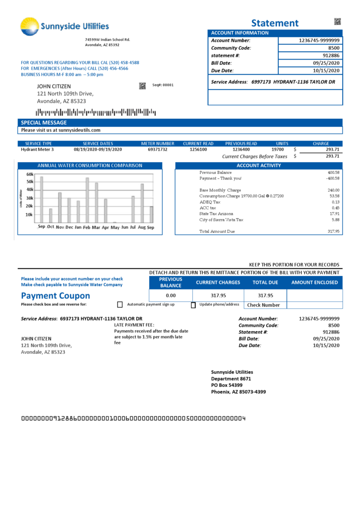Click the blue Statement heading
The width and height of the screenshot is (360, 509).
pos(274,23)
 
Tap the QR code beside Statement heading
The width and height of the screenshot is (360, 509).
pos(338,21)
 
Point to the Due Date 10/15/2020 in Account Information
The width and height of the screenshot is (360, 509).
pos(326,71)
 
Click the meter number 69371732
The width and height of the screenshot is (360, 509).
pos(158,149)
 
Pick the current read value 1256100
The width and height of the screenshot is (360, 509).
pos(198,149)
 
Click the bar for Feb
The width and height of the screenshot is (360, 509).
pos(88,200)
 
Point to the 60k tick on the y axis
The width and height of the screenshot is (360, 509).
pos(29,174)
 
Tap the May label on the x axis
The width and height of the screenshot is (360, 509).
pos(115,227)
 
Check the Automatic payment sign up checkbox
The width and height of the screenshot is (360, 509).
pos(120,305)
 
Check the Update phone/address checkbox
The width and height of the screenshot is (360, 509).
pos(193,305)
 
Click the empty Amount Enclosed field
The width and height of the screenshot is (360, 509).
pos(315,296)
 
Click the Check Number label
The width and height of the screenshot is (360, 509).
pos(264,305)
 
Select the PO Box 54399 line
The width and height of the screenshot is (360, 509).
pos(227,385)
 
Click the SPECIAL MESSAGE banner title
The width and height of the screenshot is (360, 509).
pos(44,122)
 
